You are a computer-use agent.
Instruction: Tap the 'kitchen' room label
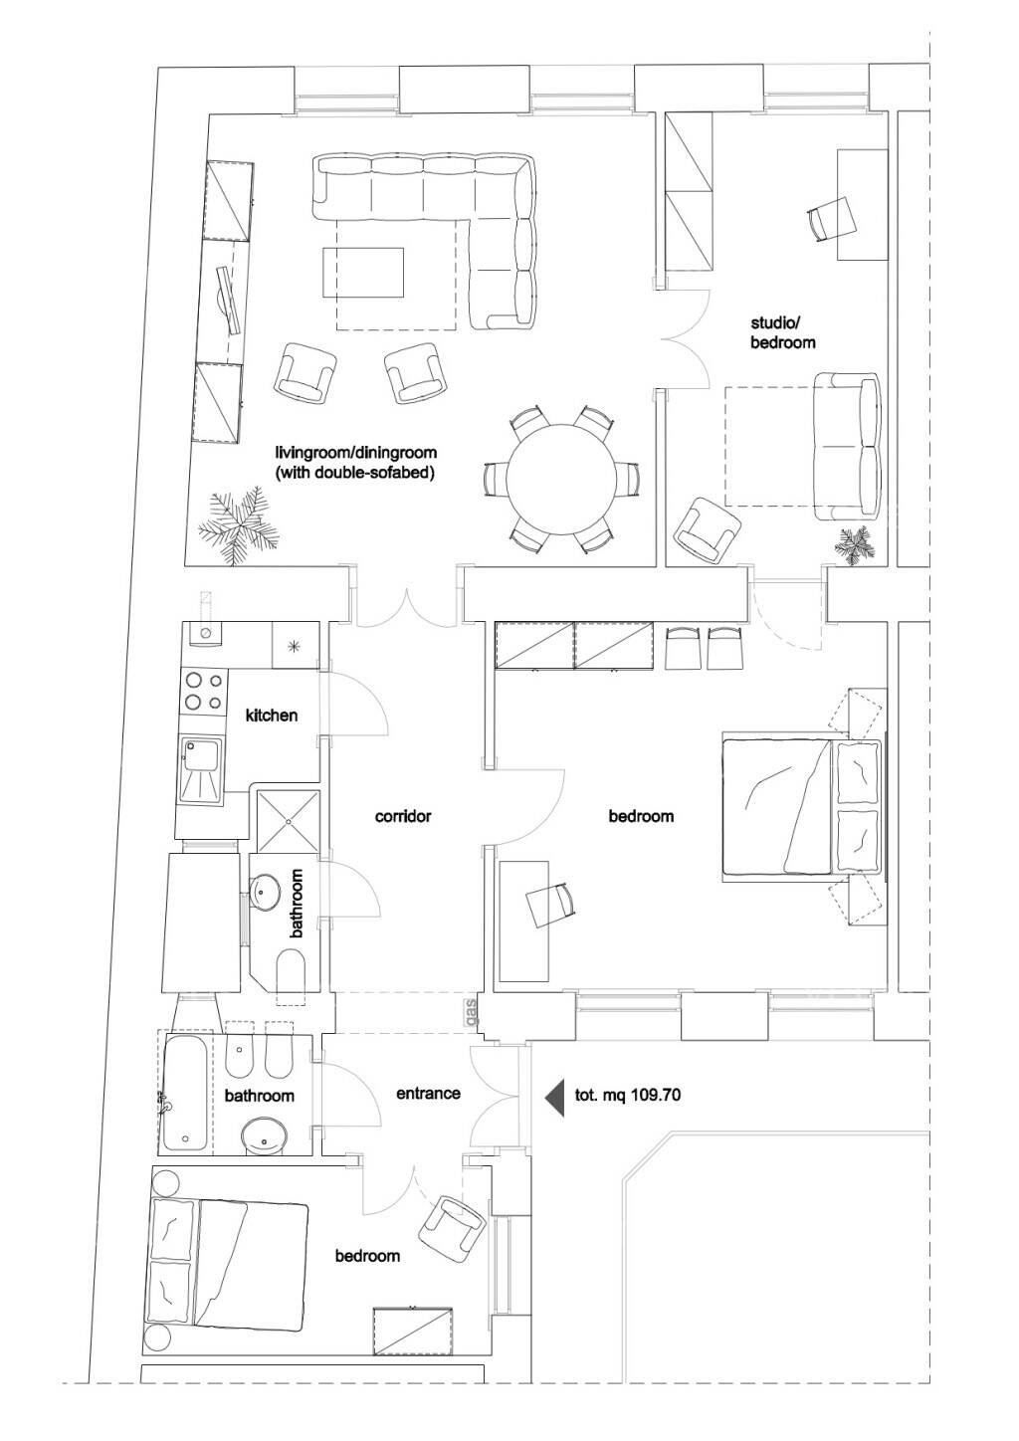272,715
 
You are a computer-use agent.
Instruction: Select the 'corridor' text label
403,816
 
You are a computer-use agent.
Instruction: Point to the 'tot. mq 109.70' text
628,1095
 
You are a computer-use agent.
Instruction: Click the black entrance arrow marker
554,1096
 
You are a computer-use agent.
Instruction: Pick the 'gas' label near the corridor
473,1013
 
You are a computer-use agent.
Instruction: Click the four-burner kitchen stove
204,691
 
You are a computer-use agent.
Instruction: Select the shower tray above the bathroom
289,821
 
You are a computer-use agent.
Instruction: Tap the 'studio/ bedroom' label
782,332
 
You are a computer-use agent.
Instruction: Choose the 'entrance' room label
428,1094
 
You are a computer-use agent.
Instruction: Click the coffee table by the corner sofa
363,272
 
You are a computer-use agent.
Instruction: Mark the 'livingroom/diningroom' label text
355,452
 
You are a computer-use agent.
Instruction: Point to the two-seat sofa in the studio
847,446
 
